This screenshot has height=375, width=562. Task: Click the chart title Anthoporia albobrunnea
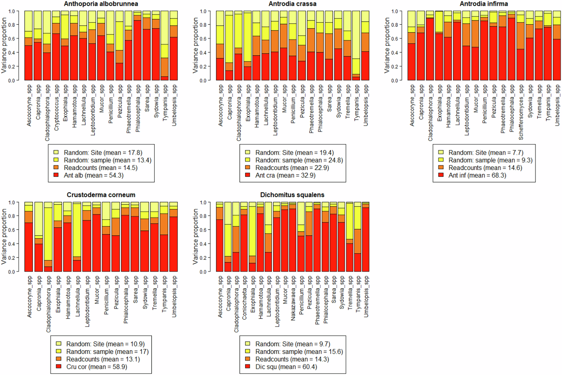coord(101,4)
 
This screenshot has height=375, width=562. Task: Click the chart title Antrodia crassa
coord(292,4)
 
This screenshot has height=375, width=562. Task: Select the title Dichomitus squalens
coord(292,195)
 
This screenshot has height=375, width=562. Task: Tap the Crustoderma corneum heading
coord(101,195)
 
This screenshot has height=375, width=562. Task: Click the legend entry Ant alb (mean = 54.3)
coord(94,175)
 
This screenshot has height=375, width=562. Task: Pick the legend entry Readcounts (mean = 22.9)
coord(292,168)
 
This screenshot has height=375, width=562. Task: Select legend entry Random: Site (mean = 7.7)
coord(486,153)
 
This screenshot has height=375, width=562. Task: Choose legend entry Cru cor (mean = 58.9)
coord(97,367)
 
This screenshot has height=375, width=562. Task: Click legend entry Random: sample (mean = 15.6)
coord(299,352)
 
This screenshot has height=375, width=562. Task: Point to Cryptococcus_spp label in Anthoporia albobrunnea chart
coord(57,108)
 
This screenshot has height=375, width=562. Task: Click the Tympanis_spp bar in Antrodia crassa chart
coord(356,46)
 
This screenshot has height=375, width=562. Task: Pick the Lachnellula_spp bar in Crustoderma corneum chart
coord(77,237)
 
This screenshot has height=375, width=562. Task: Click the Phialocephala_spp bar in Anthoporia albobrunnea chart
coord(137,46)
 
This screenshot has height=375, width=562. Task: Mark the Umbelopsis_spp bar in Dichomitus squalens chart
coord(366,237)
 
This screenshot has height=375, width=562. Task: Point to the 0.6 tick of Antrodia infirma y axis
coord(395,39)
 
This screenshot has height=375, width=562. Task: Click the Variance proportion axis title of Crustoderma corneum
coord(4,237)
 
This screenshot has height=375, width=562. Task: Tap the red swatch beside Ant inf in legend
coord(441,175)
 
